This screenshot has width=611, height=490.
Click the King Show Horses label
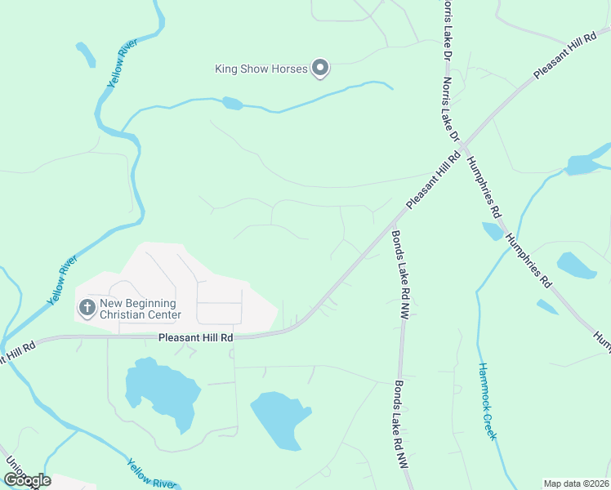pyautogui.click(x=261, y=69)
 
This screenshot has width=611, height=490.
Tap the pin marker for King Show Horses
pyautogui.click(x=321, y=69)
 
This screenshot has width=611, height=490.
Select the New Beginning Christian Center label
pyautogui.click(x=140, y=309)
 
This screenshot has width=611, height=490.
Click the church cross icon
pyautogui.click(x=87, y=308)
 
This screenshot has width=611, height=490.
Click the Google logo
pyautogui.click(x=27, y=480)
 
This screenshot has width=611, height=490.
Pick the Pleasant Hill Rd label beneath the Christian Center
pyautogui.click(x=196, y=337)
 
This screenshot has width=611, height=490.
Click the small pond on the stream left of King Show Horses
pyautogui.click(x=232, y=103)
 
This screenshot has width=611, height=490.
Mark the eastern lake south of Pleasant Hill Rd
pyautogui.click(x=280, y=418)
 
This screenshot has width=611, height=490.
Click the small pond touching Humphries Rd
pyautogui.click(x=493, y=231)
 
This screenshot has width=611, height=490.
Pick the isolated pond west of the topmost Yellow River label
pyautogui.click(x=86, y=54)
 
